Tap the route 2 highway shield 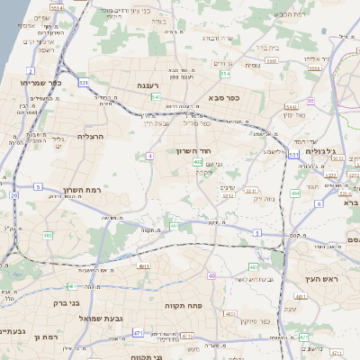[x=31, y=70]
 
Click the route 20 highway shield [x=13, y=194]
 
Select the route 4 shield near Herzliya [x=148, y=156]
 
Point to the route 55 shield [x=310, y=102]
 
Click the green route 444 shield [x=295, y=193]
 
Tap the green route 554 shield [x=156, y=96]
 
